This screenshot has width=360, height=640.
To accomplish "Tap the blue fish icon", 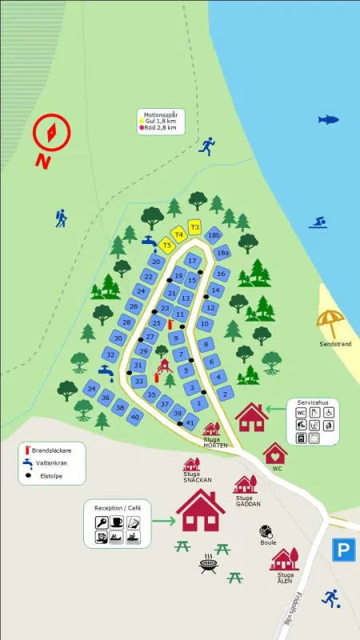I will [x=328, y=120].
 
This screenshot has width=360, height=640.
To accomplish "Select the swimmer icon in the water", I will [x=319, y=222].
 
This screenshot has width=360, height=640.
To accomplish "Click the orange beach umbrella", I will [x=329, y=323].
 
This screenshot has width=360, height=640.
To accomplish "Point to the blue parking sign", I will [x=344, y=550].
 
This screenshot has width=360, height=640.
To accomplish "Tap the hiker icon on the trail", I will [x=61, y=218].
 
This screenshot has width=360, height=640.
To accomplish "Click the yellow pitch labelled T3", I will [x=194, y=227].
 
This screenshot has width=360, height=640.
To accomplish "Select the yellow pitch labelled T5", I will [x=166, y=245].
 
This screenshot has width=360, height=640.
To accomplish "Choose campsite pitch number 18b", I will [x=214, y=235].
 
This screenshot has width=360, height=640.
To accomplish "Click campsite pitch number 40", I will [x=135, y=416].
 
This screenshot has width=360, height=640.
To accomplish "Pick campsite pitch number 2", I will [x=226, y=394].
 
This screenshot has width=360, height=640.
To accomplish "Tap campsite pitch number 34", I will [x=91, y=389].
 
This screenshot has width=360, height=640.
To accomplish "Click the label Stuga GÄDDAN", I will [x=244, y=501].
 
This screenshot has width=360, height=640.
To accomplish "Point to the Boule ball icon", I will [x=267, y=531].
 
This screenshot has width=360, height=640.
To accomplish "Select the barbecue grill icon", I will [x=209, y=565].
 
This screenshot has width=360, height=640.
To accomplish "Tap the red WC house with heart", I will [x=274, y=454].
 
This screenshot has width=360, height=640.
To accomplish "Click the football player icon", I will [x=329, y=598].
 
